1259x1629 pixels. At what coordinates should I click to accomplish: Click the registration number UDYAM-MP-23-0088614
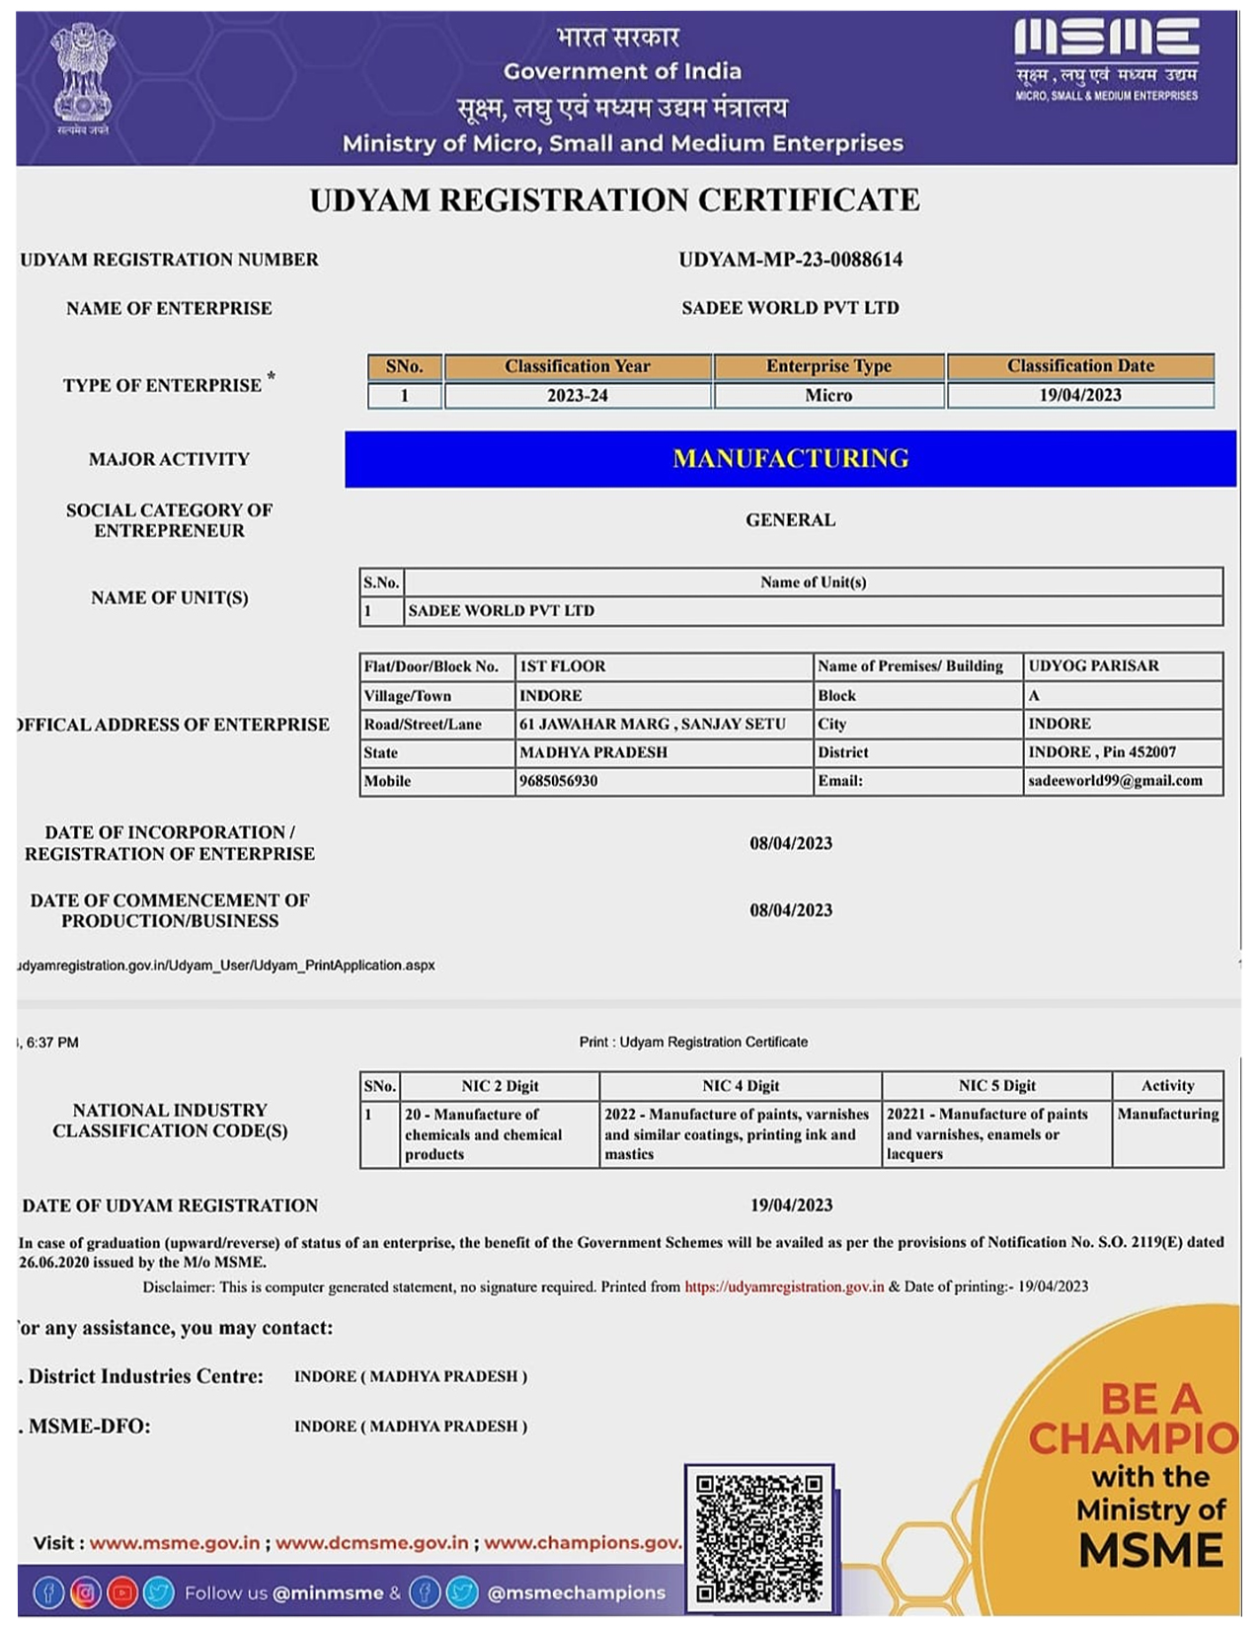[790, 260]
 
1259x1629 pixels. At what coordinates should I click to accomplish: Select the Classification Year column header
[578, 366]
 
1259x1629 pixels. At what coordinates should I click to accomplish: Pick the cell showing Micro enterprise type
[828, 395]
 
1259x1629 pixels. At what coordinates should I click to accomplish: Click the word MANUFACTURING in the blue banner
[790, 458]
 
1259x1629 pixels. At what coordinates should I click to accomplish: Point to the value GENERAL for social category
[790, 520]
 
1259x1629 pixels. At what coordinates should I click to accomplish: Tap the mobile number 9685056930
[559, 781]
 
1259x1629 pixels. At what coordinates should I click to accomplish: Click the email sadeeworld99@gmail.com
[1115, 781]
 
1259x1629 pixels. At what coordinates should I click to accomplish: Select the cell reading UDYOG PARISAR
[1093, 666]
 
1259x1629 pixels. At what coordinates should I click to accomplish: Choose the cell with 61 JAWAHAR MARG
[653, 724]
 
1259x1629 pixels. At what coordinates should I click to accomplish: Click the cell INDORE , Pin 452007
[1102, 752]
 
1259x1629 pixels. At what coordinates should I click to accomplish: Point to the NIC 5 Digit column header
[996, 1086]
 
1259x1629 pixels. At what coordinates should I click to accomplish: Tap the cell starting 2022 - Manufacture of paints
[738, 1133]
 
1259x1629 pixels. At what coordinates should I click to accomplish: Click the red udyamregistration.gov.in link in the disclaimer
[784, 1286]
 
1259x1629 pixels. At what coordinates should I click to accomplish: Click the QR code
[758, 1537]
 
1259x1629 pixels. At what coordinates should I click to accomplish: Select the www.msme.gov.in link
[175, 1543]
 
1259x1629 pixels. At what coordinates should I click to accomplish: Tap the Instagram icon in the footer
[86, 1592]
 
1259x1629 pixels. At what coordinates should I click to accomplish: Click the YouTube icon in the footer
[121, 1592]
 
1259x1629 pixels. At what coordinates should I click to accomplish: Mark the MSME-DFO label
[89, 1427]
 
